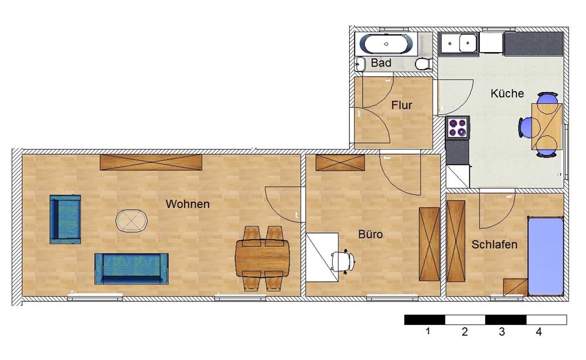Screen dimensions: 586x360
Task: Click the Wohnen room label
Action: [x=188, y=204]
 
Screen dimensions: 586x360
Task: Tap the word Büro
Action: [x=370, y=235]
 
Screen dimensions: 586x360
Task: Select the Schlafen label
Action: [x=494, y=244]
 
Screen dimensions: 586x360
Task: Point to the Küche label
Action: [x=507, y=93]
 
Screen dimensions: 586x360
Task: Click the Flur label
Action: [x=401, y=106]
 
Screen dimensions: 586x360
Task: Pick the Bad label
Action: [x=381, y=63]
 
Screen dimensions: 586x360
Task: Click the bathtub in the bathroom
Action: [x=386, y=44]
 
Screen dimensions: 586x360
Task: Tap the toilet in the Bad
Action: [x=424, y=64]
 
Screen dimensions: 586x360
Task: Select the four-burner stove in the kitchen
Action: [x=458, y=127]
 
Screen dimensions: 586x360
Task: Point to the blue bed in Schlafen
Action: [x=545, y=256]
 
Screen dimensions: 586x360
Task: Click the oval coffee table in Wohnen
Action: [x=131, y=220]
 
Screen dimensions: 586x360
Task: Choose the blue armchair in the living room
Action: [x=66, y=219]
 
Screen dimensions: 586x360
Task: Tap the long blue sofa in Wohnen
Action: [x=131, y=269]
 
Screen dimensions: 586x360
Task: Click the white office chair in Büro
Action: [x=343, y=261]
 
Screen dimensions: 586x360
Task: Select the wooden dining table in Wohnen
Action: [x=263, y=258]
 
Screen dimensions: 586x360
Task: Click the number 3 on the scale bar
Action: [x=502, y=332]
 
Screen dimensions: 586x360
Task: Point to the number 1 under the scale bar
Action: [x=428, y=331]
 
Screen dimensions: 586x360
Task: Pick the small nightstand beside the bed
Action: [x=515, y=287]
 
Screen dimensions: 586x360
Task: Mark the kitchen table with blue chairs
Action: [x=546, y=127]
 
